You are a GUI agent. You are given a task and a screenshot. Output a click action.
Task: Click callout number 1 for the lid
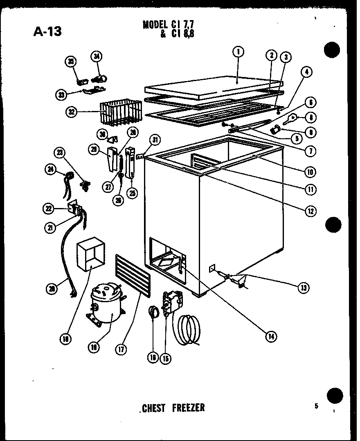tap(238, 52)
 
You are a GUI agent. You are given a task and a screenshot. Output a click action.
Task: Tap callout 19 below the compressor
tap(94, 347)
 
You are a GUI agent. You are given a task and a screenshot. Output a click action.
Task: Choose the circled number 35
tap(71, 62)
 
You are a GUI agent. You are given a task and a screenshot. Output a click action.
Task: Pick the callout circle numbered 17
tap(122, 350)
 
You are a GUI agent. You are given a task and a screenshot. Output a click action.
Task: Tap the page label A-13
tap(47, 31)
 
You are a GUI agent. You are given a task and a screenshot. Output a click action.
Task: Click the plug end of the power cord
tap(74, 294)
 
